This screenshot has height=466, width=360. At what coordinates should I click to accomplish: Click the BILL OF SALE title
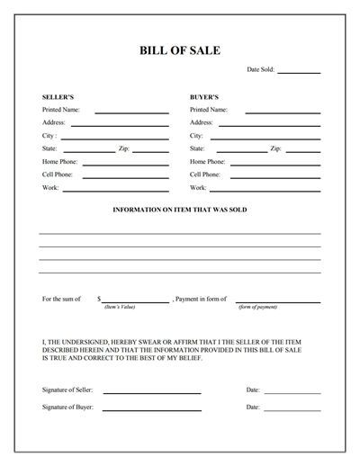179,50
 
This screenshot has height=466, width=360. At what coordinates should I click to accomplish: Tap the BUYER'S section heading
204,95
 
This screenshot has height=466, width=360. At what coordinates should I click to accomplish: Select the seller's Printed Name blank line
131,112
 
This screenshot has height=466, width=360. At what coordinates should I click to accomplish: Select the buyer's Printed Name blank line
283,112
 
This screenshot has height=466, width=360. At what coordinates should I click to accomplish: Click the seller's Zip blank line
151,152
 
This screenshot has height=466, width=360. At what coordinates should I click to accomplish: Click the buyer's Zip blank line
303,152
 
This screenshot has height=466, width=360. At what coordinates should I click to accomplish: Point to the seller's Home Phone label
59,162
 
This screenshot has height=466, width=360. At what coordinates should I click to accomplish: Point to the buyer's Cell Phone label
205,175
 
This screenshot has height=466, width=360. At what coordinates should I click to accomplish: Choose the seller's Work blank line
115,192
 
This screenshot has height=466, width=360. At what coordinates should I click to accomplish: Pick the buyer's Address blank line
269,126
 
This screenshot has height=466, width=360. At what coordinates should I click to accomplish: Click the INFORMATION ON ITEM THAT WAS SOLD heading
179,209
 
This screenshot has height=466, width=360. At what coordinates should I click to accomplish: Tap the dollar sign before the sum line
98,298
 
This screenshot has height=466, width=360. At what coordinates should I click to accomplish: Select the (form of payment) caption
257,308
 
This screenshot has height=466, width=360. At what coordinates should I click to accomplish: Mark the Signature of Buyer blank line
151,410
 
